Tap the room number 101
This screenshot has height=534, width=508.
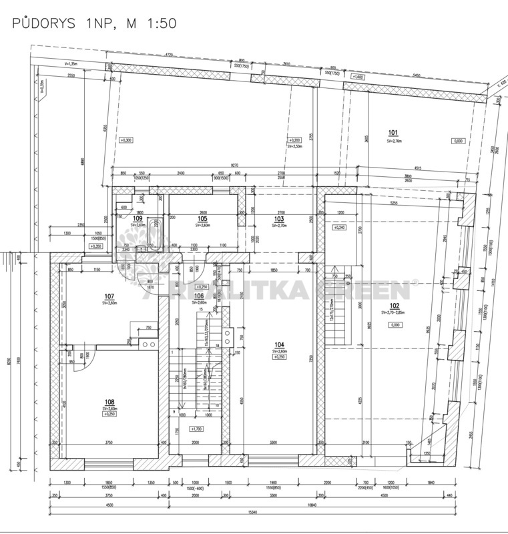click(393, 132)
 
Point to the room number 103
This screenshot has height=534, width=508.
click(278, 219)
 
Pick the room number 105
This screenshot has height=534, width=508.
click(203, 219)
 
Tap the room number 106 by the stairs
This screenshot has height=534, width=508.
click(198, 296)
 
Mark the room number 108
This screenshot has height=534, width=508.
click(109, 403)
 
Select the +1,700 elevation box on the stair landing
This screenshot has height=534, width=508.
click(197, 429)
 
